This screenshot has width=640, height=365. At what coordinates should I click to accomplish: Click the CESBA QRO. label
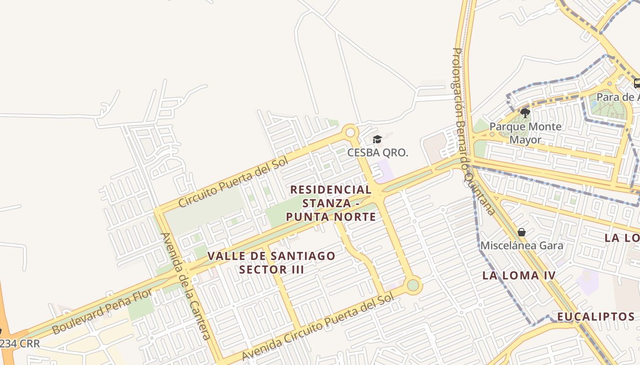(377, 152)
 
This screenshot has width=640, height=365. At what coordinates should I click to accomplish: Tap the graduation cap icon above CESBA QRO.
(377, 139)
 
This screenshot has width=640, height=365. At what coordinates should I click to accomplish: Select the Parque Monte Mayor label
(525, 133)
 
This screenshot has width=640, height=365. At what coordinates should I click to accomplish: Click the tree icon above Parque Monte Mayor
(525, 113)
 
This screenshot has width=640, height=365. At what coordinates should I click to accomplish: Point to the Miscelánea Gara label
(522, 245)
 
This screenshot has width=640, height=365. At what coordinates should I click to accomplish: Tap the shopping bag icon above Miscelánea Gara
(522, 233)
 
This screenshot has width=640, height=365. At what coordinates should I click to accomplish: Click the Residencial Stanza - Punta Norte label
(331, 203)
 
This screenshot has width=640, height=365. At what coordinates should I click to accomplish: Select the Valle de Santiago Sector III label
(272, 262)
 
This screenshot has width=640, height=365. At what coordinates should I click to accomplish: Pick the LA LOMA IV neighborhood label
(519, 276)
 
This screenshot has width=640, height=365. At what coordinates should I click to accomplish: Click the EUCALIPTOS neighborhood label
(596, 317)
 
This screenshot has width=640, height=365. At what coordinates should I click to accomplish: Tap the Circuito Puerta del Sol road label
(233, 182)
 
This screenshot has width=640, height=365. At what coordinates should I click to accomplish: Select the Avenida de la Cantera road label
(186, 286)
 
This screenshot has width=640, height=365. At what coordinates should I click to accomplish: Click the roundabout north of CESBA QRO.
(351, 132)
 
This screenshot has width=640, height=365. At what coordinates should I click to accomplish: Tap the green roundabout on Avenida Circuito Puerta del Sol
(413, 285)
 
